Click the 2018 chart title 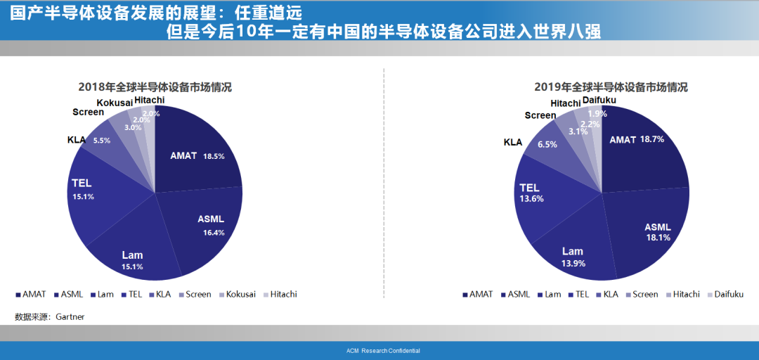[155, 88]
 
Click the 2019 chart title [611, 88]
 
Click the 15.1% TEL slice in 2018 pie [102, 194]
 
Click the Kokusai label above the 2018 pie [115, 103]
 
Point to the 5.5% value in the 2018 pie [102, 141]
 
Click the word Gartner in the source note [70, 317]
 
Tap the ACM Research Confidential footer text [384, 351]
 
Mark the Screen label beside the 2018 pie [88, 112]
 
